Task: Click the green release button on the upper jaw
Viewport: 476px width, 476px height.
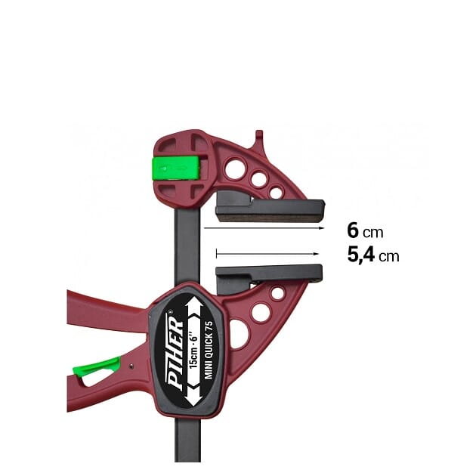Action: coord(176,168)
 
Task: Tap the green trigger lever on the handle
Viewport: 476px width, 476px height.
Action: coord(97,366)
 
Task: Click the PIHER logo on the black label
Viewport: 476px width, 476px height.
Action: coord(175,351)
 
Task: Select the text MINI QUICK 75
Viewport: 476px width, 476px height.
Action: coord(209,350)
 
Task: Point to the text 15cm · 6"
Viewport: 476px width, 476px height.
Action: coord(193,351)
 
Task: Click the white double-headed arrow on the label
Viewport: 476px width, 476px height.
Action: coord(194,351)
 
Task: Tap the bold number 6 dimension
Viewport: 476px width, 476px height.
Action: coord(353,230)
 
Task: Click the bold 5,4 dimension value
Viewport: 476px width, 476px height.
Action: coord(361,255)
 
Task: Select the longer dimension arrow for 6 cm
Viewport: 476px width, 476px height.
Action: coord(264,227)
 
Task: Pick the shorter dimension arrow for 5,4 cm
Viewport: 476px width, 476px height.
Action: coord(267,253)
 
